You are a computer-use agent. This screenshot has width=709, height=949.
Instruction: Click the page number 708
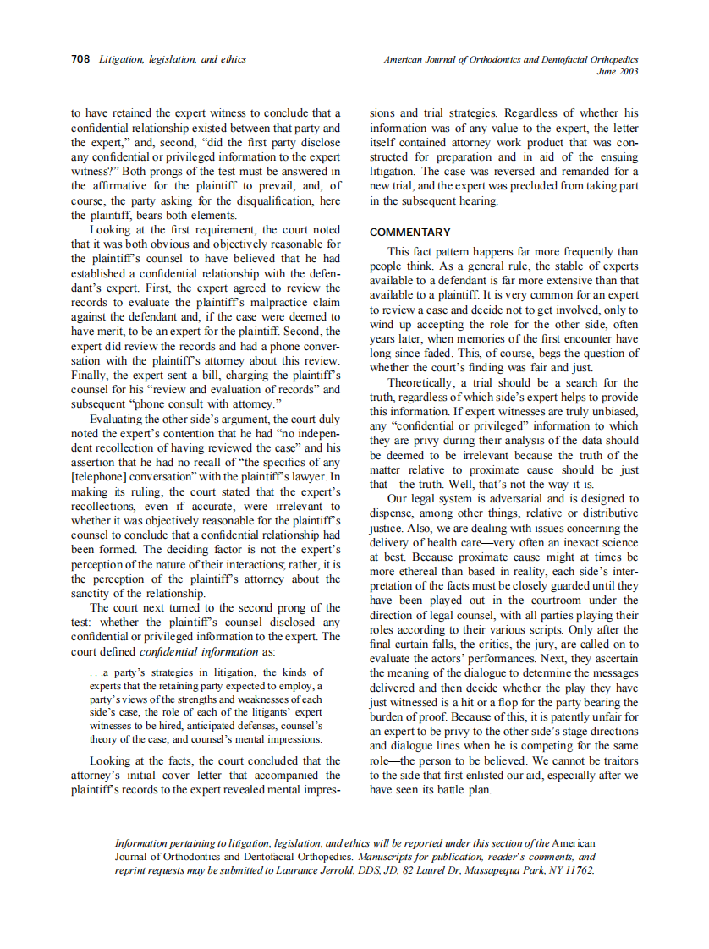[80, 60]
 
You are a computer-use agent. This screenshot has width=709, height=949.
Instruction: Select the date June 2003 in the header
[617, 72]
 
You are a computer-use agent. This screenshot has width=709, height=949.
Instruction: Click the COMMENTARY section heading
[410, 232]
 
